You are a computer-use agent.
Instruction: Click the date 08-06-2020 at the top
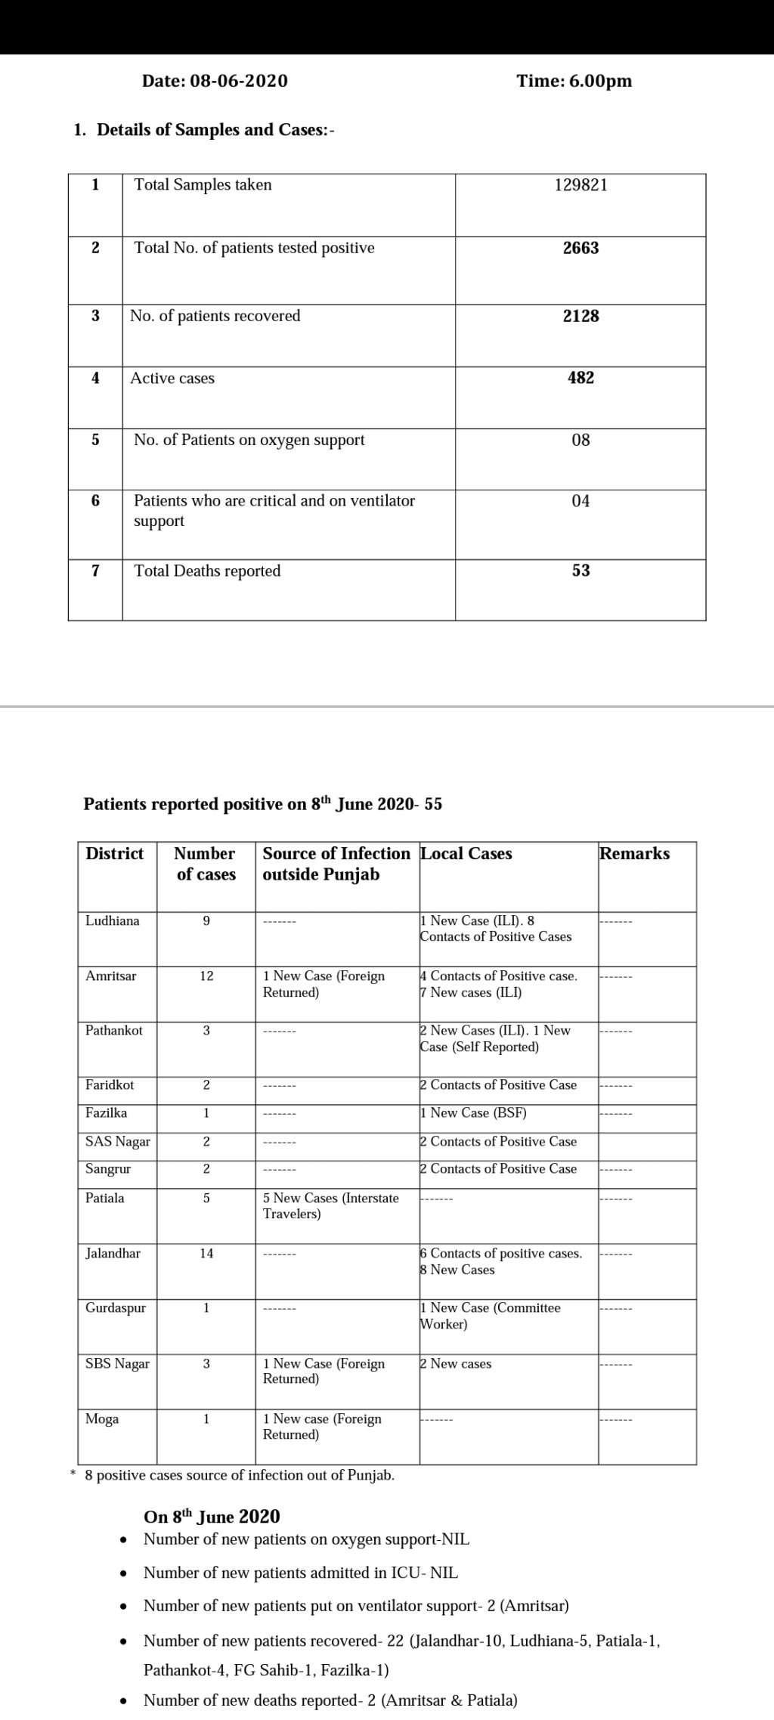(x=239, y=81)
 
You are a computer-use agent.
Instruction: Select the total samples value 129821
(x=580, y=185)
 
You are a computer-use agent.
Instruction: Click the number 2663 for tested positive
(x=580, y=248)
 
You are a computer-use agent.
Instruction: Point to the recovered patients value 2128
(x=580, y=316)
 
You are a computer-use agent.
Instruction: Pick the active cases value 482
(x=580, y=378)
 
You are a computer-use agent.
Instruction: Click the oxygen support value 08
(x=580, y=440)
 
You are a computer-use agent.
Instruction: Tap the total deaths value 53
(x=580, y=571)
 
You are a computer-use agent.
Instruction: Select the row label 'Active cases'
(x=172, y=378)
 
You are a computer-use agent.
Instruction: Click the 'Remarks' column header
(x=634, y=853)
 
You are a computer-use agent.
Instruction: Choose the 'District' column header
(x=115, y=853)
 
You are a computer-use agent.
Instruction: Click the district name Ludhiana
(x=113, y=920)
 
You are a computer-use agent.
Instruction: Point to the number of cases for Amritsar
(x=206, y=976)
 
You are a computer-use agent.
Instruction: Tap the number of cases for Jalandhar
(x=206, y=1253)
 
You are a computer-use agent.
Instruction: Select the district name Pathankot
(x=114, y=1030)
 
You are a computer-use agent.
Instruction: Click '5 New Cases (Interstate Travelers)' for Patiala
(x=330, y=1205)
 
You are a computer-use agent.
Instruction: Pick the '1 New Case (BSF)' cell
(x=474, y=1112)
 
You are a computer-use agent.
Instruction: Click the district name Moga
(x=102, y=1418)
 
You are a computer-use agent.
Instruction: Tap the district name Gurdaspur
(x=116, y=1307)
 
